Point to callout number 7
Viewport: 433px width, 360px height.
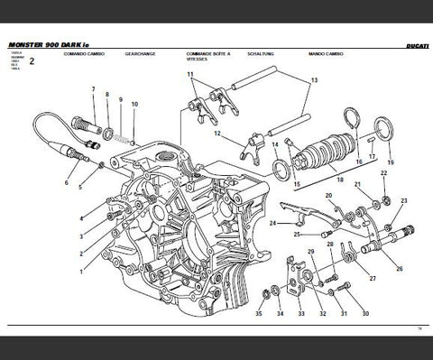[93, 88]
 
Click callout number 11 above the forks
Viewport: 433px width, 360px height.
[190, 73]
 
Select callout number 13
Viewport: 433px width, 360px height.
[315, 81]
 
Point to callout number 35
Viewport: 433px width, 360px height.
[258, 314]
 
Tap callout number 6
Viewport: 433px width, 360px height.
[66, 182]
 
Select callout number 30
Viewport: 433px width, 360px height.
[365, 314]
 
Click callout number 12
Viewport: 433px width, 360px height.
[217, 134]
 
